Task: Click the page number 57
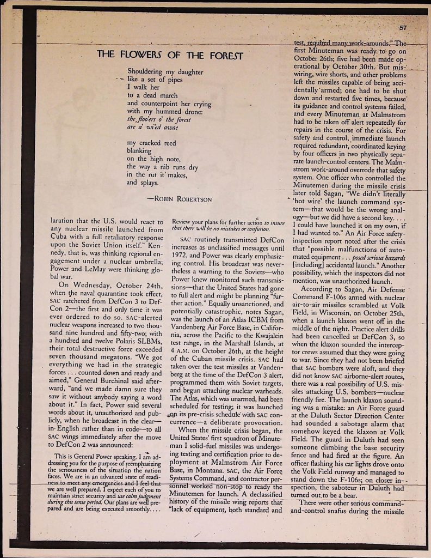click(403, 28)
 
